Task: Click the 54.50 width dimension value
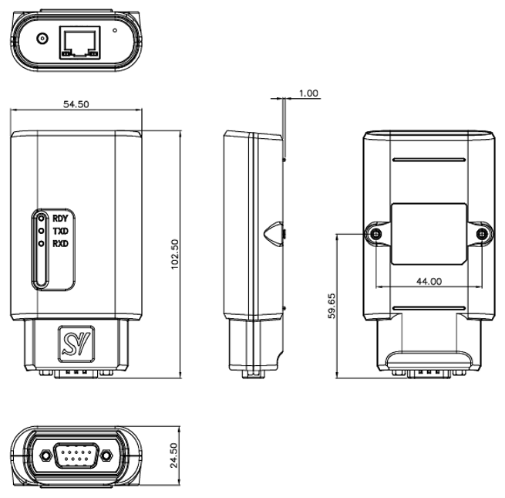pos(76,104)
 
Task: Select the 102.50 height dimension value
pos(174,254)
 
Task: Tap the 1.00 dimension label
pos(308,93)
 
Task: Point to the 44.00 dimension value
pos(429,281)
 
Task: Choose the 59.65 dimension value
pos(332,306)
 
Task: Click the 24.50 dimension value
pos(173,455)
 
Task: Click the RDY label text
pos(61,219)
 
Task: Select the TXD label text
pos(61,232)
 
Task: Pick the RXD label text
pos(61,243)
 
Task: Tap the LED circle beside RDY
pos(41,219)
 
